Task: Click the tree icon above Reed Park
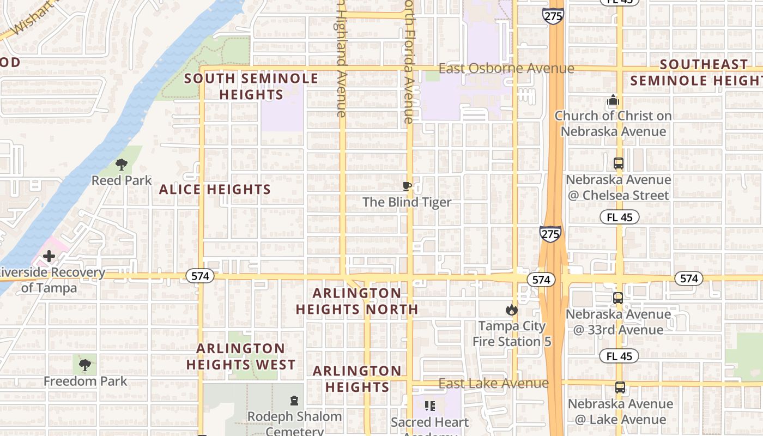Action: pyautogui.click(x=122, y=163)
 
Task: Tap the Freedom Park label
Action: pyautogui.click(x=86, y=381)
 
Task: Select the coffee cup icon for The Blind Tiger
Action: pyautogui.click(x=407, y=186)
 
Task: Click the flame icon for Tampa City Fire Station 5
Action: pyautogui.click(x=511, y=310)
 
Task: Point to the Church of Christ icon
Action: pyautogui.click(x=613, y=100)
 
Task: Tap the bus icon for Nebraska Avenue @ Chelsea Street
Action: pyautogui.click(x=618, y=163)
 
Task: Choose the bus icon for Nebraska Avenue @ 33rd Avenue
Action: pyautogui.click(x=618, y=298)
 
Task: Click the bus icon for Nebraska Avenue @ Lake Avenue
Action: pyautogui.click(x=620, y=387)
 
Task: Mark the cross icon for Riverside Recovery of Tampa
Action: pyautogui.click(x=49, y=256)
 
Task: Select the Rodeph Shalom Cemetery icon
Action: pyautogui.click(x=294, y=401)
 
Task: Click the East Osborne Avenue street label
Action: pyautogui.click(x=506, y=69)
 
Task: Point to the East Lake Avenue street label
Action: pyautogui.click(x=493, y=383)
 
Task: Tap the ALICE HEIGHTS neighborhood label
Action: pyautogui.click(x=215, y=190)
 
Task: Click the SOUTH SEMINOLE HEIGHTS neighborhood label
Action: pyautogui.click(x=251, y=86)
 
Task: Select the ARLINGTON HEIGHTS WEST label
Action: pyautogui.click(x=241, y=356)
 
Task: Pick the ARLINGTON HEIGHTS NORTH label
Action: pyautogui.click(x=357, y=301)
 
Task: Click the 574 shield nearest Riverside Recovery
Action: pyautogui.click(x=200, y=276)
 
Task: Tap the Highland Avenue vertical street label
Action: pyautogui.click(x=342, y=60)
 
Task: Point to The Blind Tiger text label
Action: pyautogui.click(x=407, y=202)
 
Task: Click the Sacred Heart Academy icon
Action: pyautogui.click(x=430, y=406)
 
